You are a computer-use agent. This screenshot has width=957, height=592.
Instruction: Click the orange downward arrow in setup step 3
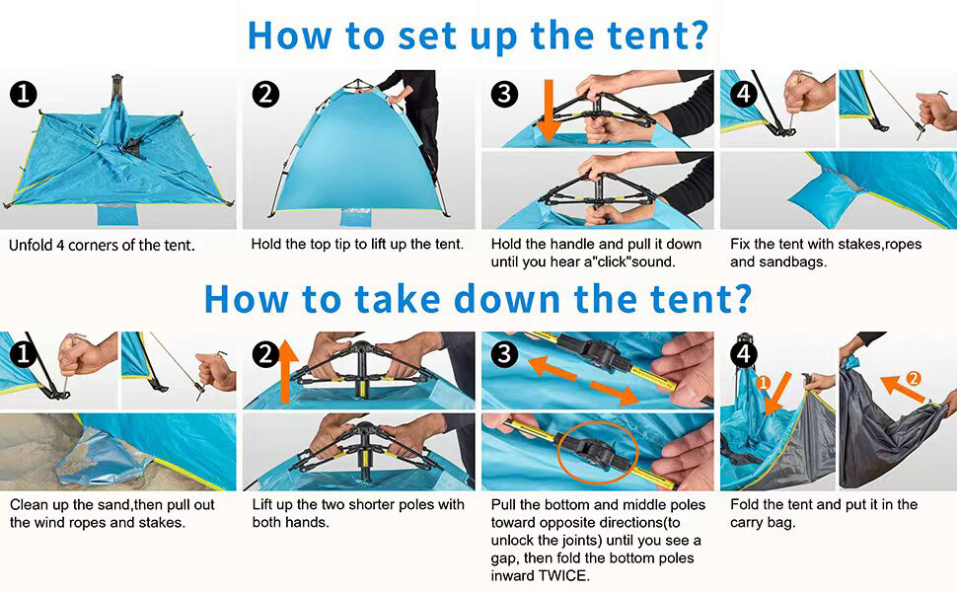coord(549,110)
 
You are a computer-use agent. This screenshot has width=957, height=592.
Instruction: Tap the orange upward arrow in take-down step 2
coord(286,371)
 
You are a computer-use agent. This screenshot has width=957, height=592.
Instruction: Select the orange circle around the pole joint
coord(598,452)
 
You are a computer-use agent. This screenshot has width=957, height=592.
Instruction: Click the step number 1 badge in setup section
coord(24,95)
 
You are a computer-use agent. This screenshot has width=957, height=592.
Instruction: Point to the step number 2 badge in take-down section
coord(266,354)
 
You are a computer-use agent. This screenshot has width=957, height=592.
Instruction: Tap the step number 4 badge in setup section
coord(744,94)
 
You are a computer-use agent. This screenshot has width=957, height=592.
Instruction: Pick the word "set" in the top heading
coord(426,36)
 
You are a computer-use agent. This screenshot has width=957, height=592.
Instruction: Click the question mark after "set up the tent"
coord(699,35)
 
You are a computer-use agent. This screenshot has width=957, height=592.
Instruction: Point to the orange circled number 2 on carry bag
coord(914,379)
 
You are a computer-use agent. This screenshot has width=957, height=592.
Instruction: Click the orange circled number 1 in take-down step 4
coord(763,383)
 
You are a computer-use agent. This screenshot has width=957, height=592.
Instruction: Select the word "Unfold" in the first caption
coord(31,246)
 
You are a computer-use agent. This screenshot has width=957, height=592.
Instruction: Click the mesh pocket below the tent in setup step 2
coord(356,218)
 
